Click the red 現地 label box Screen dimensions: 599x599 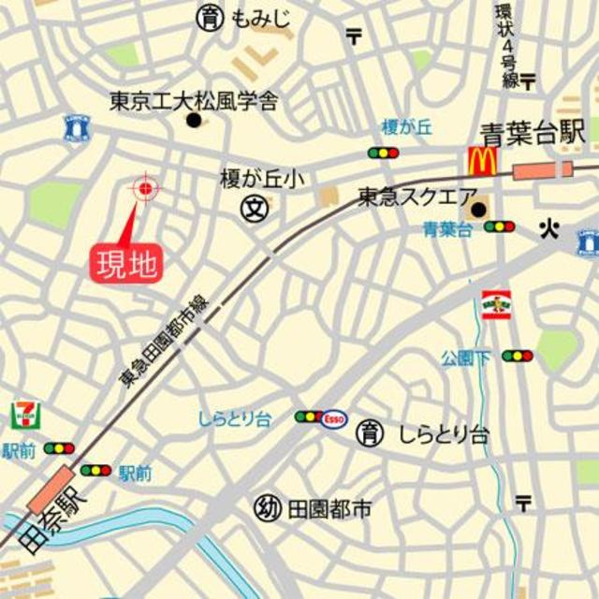pos(126,263)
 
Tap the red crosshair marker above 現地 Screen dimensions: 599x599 pos(145,188)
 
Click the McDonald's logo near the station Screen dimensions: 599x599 pos(481,161)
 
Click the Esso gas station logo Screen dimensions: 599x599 pos(334,419)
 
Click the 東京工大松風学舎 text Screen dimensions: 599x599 pos(193,100)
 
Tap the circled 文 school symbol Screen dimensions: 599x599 pos(253,208)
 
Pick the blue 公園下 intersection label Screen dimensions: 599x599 pos(466,357)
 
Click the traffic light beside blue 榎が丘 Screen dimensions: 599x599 pos(383,153)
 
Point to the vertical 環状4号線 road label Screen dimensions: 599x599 pos(508,45)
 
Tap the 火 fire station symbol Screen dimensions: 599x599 pos(548,227)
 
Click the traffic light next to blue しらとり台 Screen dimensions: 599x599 pos(308,416)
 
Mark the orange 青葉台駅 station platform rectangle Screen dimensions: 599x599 pos(542,170)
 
